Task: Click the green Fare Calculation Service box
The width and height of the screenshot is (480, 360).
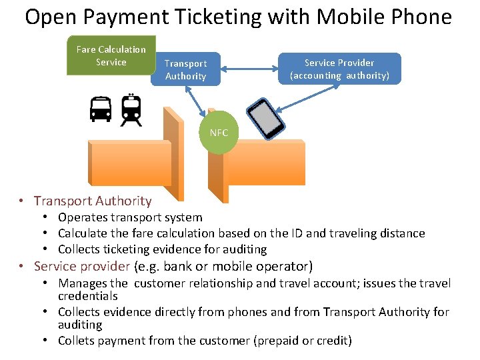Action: pyautogui.click(x=111, y=55)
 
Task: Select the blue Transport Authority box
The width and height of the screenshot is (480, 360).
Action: pyautogui.click(x=185, y=69)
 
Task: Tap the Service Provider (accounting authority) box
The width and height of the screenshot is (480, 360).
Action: pyautogui.click(x=339, y=69)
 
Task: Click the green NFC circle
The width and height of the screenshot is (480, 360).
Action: pyautogui.click(x=219, y=133)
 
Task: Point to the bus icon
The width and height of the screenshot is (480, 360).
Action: pyautogui.click(x=101, y=109)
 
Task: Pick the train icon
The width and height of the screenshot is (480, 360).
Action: pyautogui.click(x=131, y=110)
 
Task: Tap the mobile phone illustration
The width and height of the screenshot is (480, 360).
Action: pyautogui.click(x=265, y=118)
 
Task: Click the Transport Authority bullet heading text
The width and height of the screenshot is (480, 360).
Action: pyautogui.click(x=93, y=201)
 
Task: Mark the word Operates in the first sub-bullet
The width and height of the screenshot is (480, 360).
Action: pyautogui.click(x=81, y=217)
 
